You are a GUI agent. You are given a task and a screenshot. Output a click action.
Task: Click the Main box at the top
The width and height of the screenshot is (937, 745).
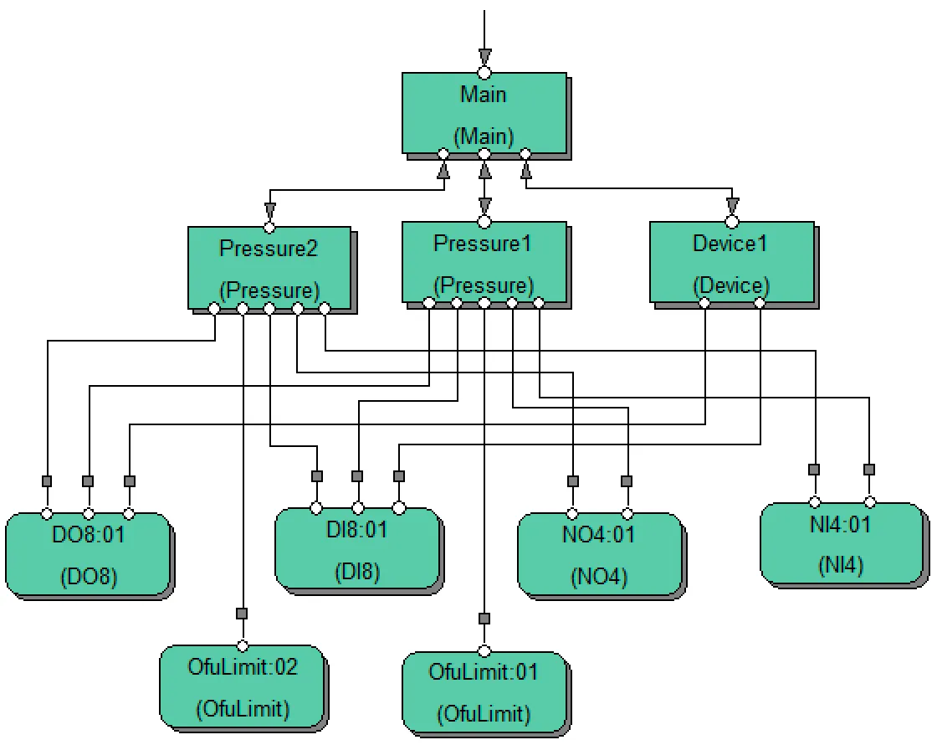coord(484,113)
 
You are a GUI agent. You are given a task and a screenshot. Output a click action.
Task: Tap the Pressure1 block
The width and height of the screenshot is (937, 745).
coord(484,261)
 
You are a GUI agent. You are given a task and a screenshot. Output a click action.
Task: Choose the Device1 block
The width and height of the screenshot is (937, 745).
coord(731,261)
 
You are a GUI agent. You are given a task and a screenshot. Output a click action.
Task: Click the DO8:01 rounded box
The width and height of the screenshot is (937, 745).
coord(88,554)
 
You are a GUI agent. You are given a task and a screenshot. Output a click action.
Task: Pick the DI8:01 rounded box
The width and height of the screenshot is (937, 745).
coord(357,549)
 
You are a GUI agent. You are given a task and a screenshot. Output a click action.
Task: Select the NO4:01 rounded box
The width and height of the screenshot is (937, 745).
coord(600,554)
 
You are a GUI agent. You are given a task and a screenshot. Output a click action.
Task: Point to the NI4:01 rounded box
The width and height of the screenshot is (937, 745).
coord(842,544)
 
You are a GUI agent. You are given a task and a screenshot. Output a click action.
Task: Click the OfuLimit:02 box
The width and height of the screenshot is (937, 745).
coord(242,686)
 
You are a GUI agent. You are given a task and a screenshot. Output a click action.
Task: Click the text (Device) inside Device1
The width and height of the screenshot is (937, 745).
coord(731,285)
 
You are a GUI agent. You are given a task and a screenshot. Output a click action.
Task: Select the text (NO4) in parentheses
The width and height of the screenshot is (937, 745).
coord(600,577)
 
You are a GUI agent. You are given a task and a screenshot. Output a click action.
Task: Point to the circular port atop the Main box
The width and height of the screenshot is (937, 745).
coord(484,73)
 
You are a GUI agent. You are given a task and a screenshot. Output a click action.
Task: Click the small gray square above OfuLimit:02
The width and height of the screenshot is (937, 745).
coord(242,614)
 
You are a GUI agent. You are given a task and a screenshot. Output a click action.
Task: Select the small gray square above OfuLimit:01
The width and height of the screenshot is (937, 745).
coord(484,619)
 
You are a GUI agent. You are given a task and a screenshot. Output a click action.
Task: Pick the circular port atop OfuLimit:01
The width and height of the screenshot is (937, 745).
coord(484,650)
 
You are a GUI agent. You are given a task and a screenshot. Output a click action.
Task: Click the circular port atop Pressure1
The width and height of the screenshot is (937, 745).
coord(484,222)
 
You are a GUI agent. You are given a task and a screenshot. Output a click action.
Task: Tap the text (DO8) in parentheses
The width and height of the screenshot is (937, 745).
coord(88,577)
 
